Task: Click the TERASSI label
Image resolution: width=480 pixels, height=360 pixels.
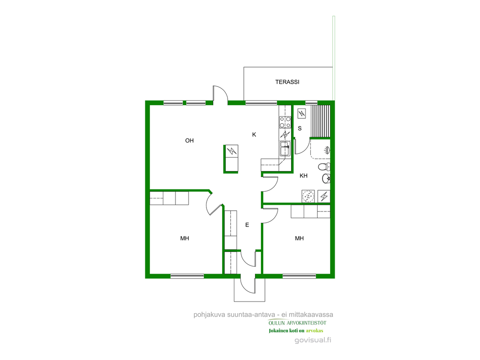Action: pyautogui.click(x=287, y=82)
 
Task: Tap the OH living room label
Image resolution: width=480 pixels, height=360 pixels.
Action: pyautogui.click(x=189, y=140)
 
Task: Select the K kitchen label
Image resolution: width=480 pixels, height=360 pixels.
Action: pyautogui.click(x=254, y=135)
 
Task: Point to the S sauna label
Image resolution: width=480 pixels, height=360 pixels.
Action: pyautogui.click(x=300, y=128)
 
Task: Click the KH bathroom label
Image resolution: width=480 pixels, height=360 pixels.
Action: pyautogui.click(x=303, y=175)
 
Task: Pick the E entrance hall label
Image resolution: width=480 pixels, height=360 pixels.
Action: pyautogui.click(x=247, y=225)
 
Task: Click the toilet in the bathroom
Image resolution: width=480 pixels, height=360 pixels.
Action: pyautogui.click(x=324, y=167)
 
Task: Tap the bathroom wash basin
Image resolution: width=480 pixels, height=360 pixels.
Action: pyautogui.click(x=326, y=178)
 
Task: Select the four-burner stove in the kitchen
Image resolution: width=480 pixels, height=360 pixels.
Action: pyautogui.click(x=285, y=122)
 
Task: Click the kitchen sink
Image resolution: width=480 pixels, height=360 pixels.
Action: pyautogui.click(x=285, y=148)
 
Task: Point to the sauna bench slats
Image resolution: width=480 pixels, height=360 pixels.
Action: pyautogui.click(x=320, y=121)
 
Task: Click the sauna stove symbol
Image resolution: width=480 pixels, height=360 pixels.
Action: pyautogui.click(x=302, y=114)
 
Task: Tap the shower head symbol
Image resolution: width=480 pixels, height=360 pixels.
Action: pyautogui.click(x=327, y=150)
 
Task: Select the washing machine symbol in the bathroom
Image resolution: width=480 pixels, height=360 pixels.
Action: pyautogui.click(x=308, y=196)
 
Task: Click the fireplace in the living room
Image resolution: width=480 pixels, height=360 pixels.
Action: pyautogui.click(x=231, y=158)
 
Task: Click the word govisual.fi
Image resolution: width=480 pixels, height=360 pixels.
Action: pyautogui.click(x=313, y=340)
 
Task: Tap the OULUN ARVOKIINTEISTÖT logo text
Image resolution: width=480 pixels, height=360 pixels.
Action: pyautogui.click(x=297, y=323)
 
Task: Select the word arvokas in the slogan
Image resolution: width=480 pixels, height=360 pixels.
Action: pyautogui.click(x=314, y=331)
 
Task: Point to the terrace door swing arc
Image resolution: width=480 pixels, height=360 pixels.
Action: pyautogui.click(x=224, y=92)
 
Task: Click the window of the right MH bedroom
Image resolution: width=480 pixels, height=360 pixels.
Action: pyautogui.click(x=299, y=276)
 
